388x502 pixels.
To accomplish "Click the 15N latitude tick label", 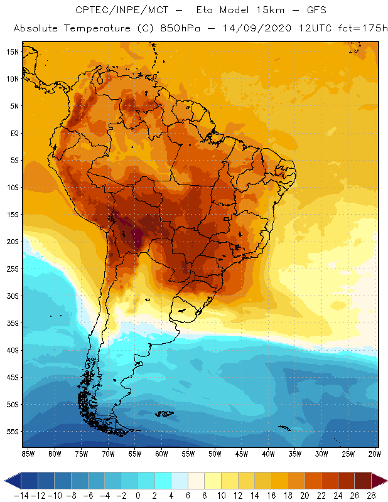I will click(x=12, y=52).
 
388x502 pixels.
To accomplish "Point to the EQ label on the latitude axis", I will click(x=13, y=133).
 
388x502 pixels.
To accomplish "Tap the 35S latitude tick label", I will click(x=12, y=323).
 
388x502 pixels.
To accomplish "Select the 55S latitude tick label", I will click(x=12, y=432).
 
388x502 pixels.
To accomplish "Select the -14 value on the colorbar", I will click(x=21, y=495).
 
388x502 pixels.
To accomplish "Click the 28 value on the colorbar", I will click(x=371, y=495).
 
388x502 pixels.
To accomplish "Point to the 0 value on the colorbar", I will click(x=137, y=495).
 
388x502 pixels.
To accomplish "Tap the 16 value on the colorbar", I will click(x=271, y=495).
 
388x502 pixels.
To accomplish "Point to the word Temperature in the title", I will click(x=92, y=29).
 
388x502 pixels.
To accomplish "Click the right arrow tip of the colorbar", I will click(x=384, y=481).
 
